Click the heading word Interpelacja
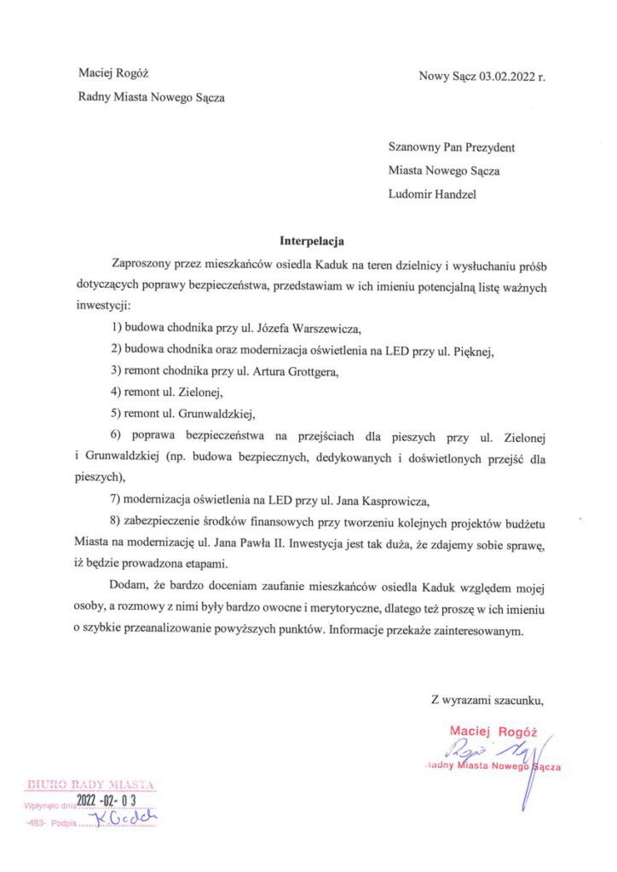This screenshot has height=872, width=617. pyautogui.click(x=312, y=240)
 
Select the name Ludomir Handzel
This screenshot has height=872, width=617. pyautogui.click(x=432, y=193)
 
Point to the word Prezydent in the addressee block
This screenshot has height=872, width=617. pyautogui.click(x=486, y=147)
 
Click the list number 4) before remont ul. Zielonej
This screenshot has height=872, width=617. pyautogui.click(x=118, y=393)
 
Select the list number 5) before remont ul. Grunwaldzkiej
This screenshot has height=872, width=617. pyautogui.click(x=118, y=415)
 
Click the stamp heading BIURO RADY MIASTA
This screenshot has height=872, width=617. pyautogui.click(x=90, y=783)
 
